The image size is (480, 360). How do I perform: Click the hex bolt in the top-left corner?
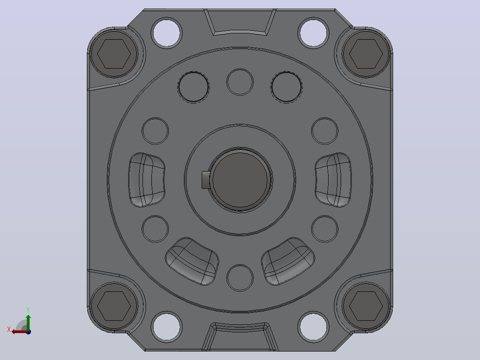(x=114, y=53)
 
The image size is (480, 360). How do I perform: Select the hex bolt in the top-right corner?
(x=366, y=53)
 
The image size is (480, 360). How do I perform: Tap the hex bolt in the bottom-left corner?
(x=114, y=306)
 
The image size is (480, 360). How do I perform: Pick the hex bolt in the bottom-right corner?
(x=366, y=306)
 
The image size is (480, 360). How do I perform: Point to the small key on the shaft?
(x=206, y=180)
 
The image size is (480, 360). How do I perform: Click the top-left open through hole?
(x=167, y=33)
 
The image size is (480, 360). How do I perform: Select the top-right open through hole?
(x=313, y=33)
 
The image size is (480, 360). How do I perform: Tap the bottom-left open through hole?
(x=167, y=327)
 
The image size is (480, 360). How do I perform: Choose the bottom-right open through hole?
(x=313, y=327)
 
